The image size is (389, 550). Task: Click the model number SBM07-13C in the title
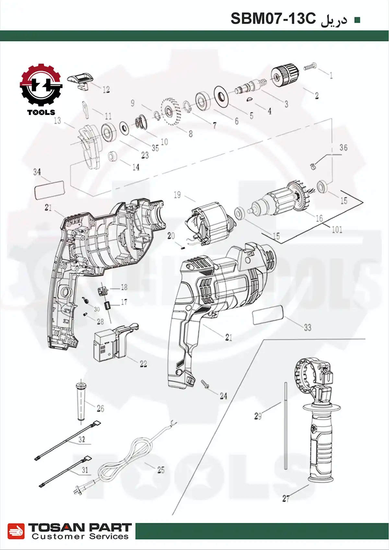[273, 19]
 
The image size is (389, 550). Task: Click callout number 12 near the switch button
[106, 90]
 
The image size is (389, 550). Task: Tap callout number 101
[337, 230]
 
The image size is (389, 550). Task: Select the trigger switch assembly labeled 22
[112, 343]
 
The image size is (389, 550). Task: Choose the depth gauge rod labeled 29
[286, 425]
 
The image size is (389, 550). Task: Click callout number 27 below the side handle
[286, 498]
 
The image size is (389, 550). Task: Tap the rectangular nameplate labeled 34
[49, 190]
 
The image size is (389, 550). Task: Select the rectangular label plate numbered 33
[268, 314]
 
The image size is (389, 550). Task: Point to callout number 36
[343, 148]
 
